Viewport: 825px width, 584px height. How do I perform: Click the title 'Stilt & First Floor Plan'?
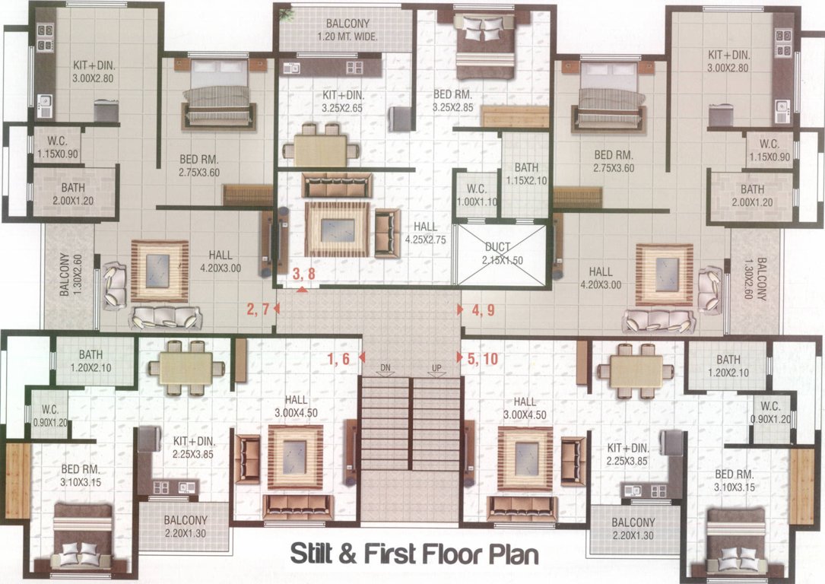pos(414,553)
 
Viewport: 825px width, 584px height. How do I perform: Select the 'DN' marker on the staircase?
pos(386,369)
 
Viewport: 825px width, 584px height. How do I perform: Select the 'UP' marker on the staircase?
pos(436,369)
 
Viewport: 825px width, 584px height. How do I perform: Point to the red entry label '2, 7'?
pos(259,309)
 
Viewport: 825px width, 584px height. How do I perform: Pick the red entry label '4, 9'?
pos(483,309)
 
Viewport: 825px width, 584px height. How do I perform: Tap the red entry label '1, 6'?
pos(339,357)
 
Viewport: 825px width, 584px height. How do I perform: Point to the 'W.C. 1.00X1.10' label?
pos(476,195)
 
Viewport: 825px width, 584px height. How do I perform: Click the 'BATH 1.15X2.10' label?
pos(526,174)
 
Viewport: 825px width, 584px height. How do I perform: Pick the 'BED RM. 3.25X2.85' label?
pos(453,101)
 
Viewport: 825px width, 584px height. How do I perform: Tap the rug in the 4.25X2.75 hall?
pos(337,229)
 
